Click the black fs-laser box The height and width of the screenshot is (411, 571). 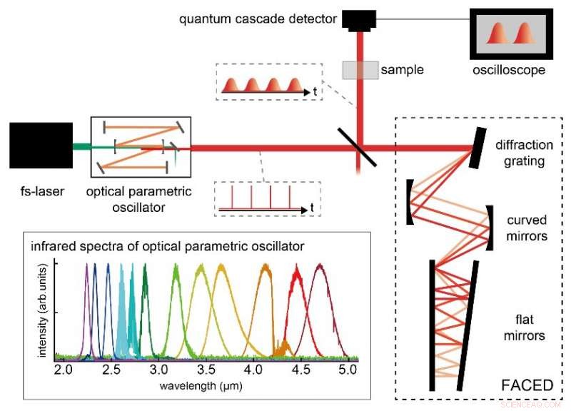[41, 149]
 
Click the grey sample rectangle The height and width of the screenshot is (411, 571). [358, 69]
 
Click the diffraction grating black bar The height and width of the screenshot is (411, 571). [475, 148]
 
